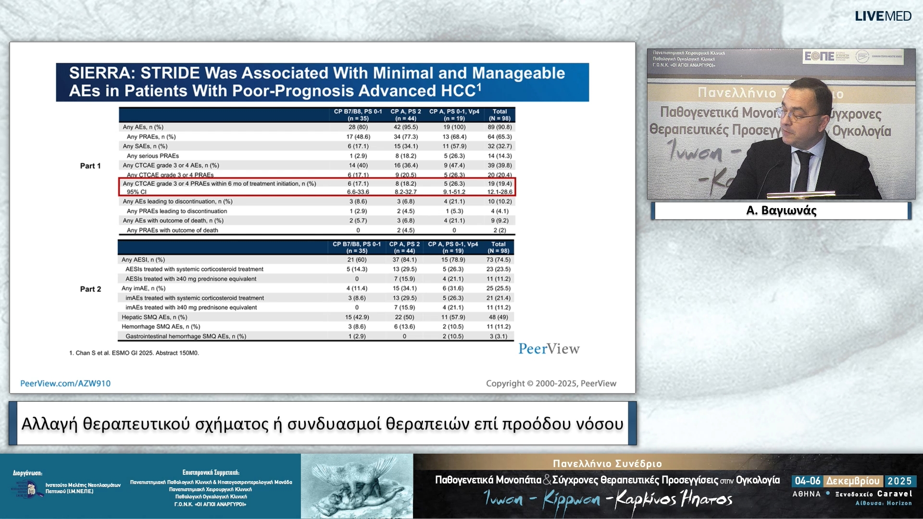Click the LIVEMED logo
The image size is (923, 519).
coord(883,16)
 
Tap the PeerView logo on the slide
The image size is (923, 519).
coord(549,349)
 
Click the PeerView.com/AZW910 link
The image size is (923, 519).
coord(65,383)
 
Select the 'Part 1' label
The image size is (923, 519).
coord(90,166)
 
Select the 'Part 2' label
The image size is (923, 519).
coord(90,289)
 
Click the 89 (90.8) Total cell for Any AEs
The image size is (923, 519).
coord(499,127)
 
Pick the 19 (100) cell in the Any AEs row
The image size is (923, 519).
coord(454,127)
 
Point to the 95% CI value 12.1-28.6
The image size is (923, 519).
coord(499,192)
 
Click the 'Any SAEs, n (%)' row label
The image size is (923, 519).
coord(145,146)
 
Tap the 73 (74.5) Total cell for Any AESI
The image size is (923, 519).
coord(499,259)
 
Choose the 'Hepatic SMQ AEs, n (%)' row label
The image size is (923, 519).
coord(154,317)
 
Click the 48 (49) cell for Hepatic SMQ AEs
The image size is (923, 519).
coord(499,317)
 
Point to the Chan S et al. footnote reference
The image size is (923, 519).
coord(134,353)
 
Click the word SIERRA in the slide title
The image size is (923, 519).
coord(100,73)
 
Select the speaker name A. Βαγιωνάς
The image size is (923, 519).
coord(781,210)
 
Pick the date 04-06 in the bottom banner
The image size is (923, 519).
coord(808,481)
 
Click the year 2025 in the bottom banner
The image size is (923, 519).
coord(899,481)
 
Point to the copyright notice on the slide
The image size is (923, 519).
coord(551,383)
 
